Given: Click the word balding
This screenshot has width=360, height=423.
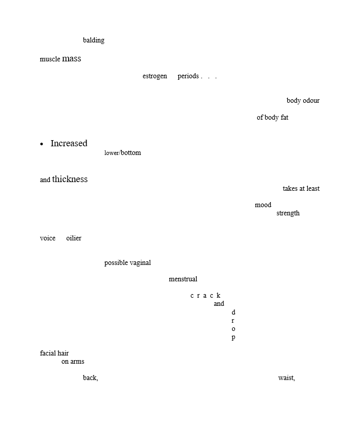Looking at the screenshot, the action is coord(93,40).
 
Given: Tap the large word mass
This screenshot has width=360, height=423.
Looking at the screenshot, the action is coord(72,58).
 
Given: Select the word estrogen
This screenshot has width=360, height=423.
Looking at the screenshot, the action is coord(155,76).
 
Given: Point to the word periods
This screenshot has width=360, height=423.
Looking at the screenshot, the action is coord(188,76).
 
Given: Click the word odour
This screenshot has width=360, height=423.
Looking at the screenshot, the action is coord(311,100).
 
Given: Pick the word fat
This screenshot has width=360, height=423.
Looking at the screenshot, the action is coord(284,117).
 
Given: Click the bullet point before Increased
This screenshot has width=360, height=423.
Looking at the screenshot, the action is coord(41,144).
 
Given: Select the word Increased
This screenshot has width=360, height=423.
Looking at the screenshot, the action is coord(69,143).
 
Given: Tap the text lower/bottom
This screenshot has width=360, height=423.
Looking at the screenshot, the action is coord(122,153).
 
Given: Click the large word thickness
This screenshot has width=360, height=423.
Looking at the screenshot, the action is coord(70,179).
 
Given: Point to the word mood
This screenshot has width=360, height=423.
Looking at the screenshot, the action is coord(263,205).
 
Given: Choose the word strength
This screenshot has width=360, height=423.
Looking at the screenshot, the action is coord(288,213).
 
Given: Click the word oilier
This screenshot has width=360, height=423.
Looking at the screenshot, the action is coord(74,238).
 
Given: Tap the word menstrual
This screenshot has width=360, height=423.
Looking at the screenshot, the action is coord(183,279).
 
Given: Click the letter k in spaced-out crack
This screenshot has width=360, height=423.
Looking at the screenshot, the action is coord(218,296).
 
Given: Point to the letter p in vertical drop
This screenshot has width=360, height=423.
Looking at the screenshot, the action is coord(234,338).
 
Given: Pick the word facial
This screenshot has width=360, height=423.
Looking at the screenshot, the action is coord(48,353).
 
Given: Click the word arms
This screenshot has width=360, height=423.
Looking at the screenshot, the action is coord(77,362).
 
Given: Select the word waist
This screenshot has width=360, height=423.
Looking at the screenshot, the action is coord(286,377).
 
